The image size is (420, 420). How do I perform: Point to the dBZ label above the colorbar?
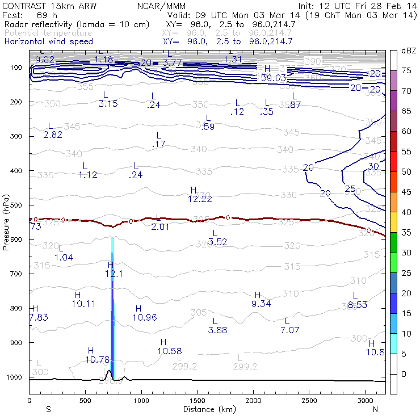(409, 51)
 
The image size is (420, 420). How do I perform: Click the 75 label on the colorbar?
(406, 70)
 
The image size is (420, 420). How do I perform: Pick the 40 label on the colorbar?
(406, 212)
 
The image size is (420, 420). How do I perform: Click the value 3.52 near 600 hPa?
(218, 242)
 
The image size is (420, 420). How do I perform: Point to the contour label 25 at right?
(350, 188)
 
